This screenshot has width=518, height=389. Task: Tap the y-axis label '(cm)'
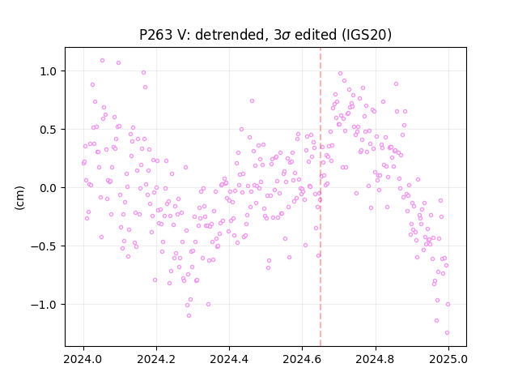tap(19, 198)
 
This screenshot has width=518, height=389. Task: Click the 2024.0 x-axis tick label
tap(83, 359)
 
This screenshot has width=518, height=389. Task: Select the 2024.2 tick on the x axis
tap(156, 359)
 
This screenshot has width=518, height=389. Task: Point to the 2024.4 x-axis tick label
tap(229, 359)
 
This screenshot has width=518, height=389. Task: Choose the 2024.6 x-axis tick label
tap(302, 359)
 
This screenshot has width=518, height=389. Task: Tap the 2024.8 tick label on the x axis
tap(376, 359)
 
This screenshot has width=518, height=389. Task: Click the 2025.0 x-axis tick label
tap(448, 359)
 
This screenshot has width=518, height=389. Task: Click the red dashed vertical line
tap(321, 197)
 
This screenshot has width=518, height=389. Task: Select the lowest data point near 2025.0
tap(447, 333)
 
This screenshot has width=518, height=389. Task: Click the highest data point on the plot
tap(103, 61)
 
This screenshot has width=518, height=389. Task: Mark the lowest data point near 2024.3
tap(189, 316)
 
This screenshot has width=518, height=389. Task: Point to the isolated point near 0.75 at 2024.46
tap(252, 100)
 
